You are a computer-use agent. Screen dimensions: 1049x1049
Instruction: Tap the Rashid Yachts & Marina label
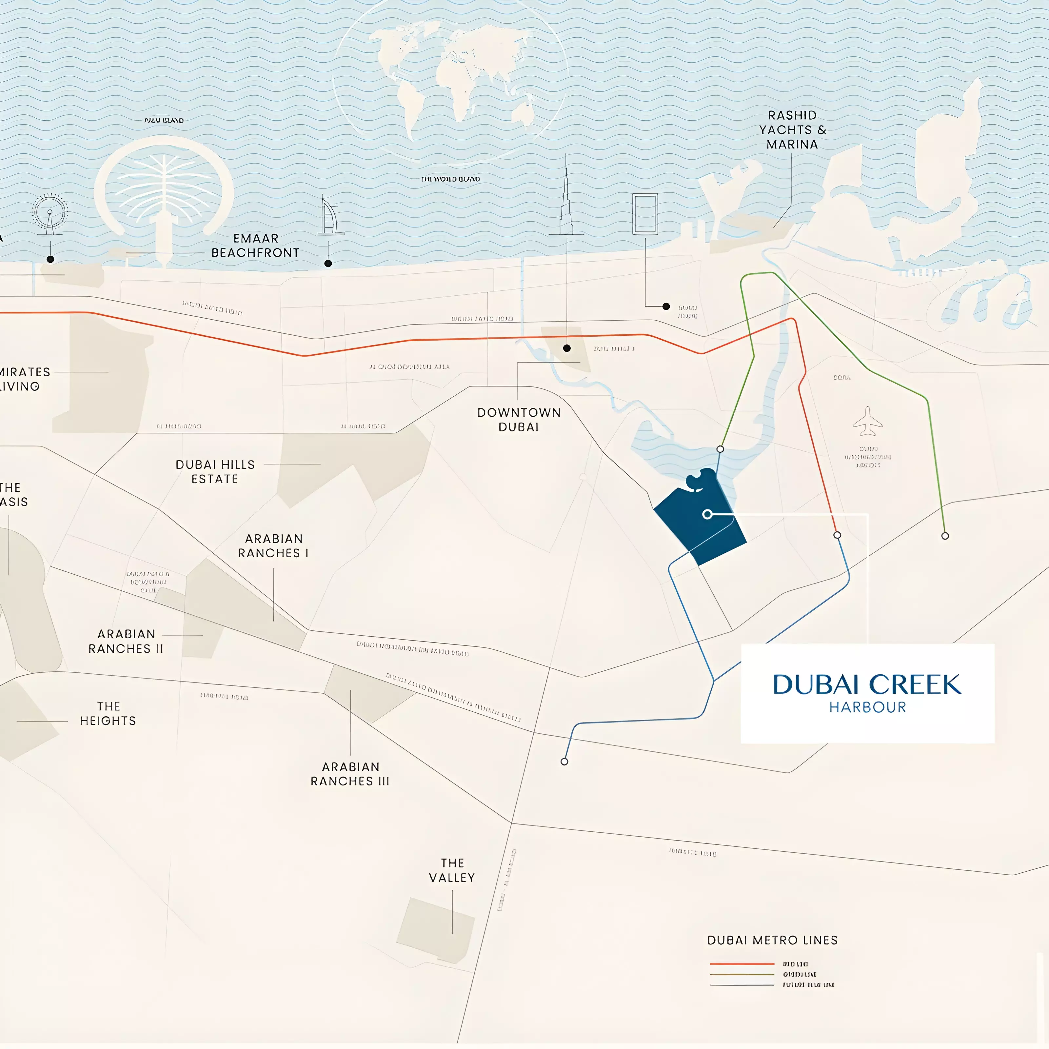pos(792,130)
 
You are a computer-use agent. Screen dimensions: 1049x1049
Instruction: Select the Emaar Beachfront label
pos(255,246)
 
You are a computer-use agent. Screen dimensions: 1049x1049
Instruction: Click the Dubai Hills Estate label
pos(215,472)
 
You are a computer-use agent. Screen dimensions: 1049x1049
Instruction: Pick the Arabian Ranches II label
pos(126,641)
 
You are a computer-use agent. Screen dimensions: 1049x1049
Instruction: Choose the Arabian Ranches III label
pos(350,774)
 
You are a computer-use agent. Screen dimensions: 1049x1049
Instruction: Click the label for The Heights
pos(108,713)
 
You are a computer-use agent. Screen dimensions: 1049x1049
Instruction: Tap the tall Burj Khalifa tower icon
pos(566,201)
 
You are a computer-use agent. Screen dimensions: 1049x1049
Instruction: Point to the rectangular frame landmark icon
pos(645,214)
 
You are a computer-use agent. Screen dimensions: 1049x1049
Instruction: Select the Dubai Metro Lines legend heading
pos(772,940)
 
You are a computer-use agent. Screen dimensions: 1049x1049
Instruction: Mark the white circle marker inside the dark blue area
pos(707,514)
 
